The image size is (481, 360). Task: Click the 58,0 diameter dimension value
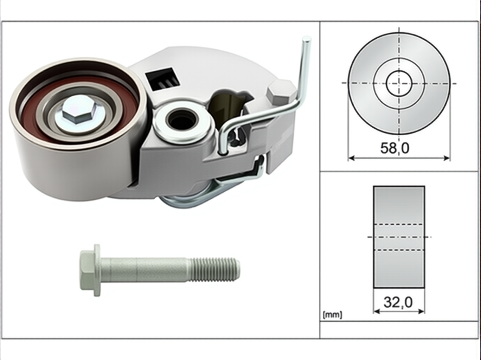pyautogui.click(x=395, y=148)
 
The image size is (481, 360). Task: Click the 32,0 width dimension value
pyautogui.click(x=398, y=302)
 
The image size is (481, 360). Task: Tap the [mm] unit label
pyautogui.click(x=332, y=315)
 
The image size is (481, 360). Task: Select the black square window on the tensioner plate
pyautogui.click(x=162, y=79)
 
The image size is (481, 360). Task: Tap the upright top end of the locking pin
pyautogui.click(x=306, y=39)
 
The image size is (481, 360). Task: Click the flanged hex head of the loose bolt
pyautogui.click(x=90, y=271)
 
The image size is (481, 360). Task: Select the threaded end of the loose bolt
pyautogui.click(x=214, y=270)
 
